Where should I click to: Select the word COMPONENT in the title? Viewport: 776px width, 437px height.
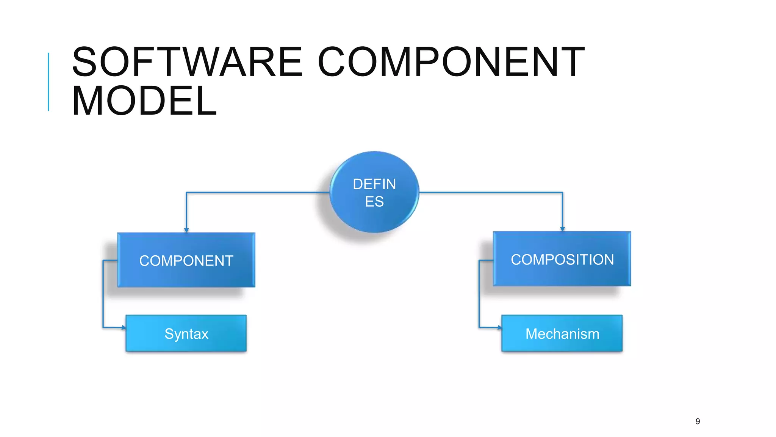click(451, 61)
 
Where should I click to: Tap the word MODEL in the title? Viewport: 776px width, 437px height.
click(144, 101)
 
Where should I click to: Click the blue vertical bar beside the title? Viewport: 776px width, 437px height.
click(48, 82)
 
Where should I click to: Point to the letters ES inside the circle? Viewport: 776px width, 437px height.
click(374, 201)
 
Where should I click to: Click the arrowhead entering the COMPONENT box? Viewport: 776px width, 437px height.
click(186, 230)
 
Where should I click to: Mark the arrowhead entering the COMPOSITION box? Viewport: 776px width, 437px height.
click(562, 229)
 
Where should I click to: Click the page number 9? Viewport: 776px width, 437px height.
click(698, 421)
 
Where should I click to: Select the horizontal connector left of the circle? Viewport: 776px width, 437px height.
click(258, 193)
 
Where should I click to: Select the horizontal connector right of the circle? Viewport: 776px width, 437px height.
click(493, 193)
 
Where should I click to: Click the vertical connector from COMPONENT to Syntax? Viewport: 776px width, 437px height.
click(103, 294)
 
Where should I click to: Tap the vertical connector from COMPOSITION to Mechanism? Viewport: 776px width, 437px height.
click(479, 294)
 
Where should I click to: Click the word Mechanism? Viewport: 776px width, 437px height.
click(562, 334)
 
